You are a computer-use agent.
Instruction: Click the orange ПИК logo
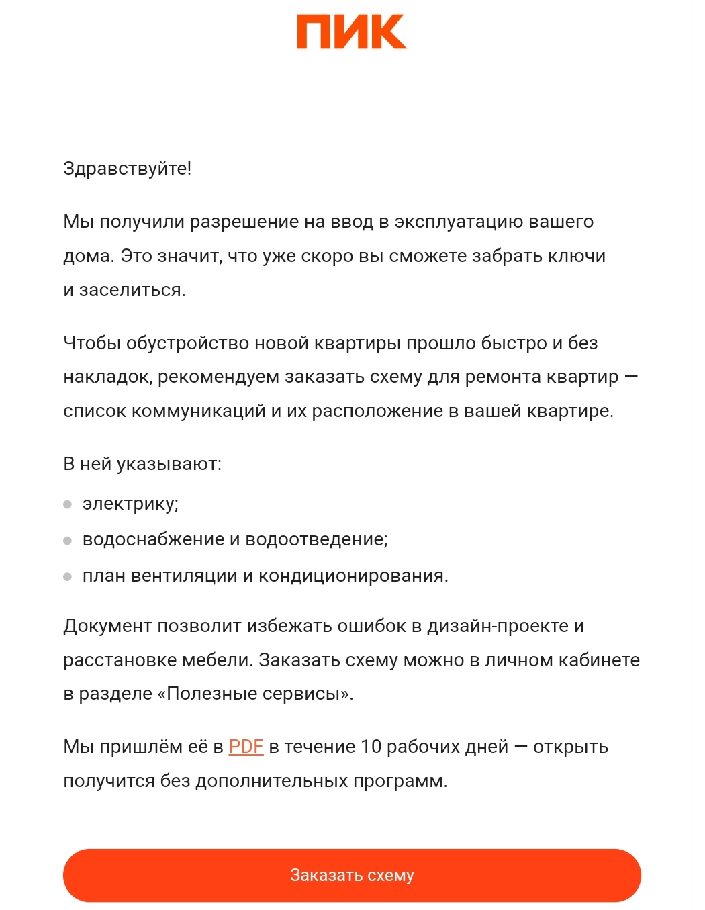coord(351,33)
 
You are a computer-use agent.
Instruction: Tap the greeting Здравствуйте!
coord(127,169)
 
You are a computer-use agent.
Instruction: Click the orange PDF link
coord(246,747)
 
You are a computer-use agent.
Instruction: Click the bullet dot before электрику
coord(67,504)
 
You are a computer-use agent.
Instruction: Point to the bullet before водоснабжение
coord(67,541)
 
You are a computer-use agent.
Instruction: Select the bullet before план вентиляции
coord(67,576)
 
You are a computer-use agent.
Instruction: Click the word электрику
coord(130,504)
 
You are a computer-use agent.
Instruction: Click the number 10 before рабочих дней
coord(371,747)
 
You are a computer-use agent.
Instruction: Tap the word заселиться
coord(132,290)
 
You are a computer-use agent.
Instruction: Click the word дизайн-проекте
coord(498,626)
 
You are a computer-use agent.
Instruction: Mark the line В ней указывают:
coord(142,464)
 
